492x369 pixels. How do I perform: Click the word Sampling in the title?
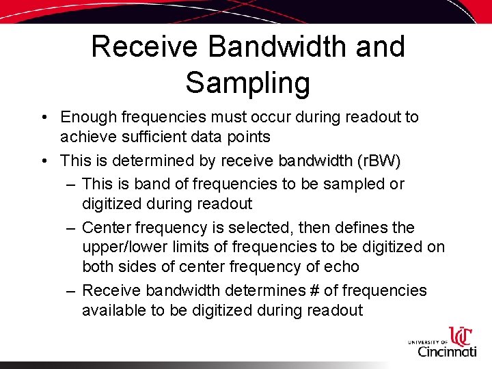pyautogui.click(x=247, y=83)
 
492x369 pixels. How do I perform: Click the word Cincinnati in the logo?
pyautogui.click(x=447, y=351)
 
